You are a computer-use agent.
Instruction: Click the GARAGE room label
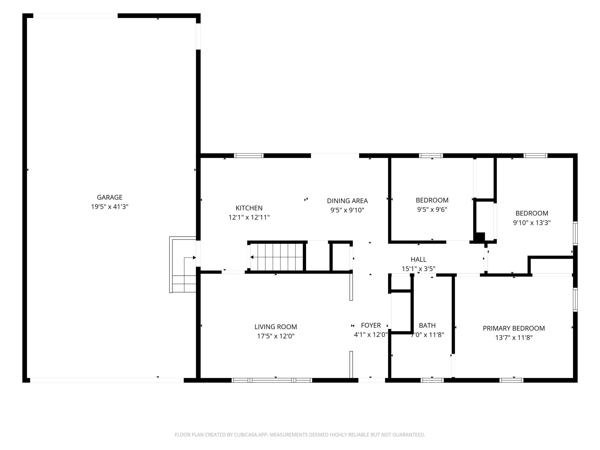110,197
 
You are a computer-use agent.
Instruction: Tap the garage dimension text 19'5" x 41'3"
110,207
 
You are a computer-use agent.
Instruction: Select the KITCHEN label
249,208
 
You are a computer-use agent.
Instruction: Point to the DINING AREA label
347,201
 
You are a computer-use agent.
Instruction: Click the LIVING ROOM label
276,327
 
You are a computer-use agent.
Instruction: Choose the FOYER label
371,325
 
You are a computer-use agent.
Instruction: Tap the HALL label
419,260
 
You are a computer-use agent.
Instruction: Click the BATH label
427,326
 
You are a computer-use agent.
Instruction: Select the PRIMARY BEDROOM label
514,328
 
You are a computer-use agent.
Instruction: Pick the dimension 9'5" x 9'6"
432,209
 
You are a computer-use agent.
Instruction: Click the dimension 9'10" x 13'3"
532,223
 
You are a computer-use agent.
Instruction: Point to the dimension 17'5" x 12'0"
276,336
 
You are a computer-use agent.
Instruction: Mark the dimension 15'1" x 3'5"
419,269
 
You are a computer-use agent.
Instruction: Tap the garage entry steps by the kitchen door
183,265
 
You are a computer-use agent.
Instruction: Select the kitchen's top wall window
249,155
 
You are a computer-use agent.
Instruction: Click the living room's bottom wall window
272,380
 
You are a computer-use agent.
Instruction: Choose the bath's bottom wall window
432,380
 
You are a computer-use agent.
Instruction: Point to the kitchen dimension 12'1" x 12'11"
249,217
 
